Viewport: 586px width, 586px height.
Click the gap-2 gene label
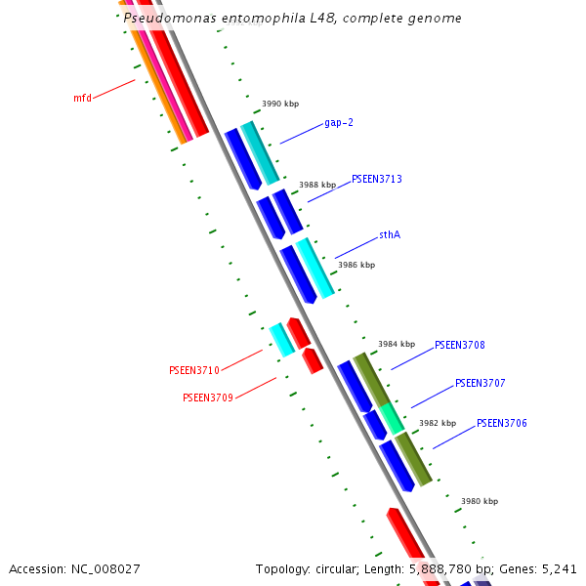(338, 123)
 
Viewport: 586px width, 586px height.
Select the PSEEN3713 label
(377, 179)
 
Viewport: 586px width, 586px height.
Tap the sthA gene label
(390, 235)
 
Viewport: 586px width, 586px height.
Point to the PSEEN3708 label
(459, 345)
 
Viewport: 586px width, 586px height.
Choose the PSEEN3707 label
(480, 383)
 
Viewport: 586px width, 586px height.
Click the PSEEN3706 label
(501, 423)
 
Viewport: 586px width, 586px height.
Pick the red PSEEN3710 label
(193, 370)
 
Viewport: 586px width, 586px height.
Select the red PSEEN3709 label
(207, 398)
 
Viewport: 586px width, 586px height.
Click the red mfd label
(82, 98)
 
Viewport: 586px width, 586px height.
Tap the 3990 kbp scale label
(280, 104)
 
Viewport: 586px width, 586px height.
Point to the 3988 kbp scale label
(317, 185)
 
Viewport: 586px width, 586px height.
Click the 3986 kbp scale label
(356, 265)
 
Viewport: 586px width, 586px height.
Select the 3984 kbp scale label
(397, 344)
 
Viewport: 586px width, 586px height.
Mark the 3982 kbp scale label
(438, 423)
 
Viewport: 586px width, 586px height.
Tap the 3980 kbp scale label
(480, 501)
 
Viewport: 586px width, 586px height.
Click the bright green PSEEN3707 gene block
(392, 417)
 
